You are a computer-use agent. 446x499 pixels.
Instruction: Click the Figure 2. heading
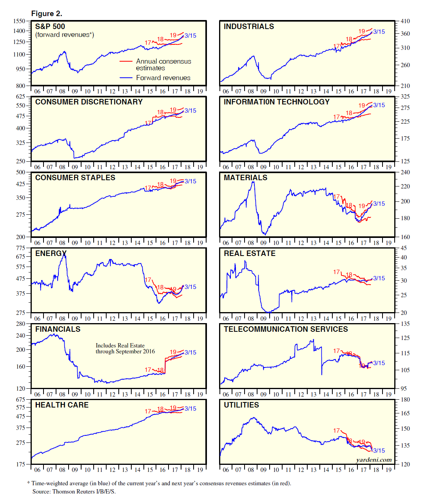pyautogui.click(x=47, y=14)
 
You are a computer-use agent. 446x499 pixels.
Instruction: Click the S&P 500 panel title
pyautogui.click(x=50, y=27)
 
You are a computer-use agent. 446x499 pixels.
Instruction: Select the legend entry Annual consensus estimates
pyautogui.click(x=163, y=64)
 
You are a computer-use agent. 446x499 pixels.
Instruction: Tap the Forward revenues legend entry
pyautogui.click(x=163, y=78)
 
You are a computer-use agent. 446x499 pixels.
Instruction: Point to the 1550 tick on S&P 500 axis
pyautogui.click(x=19, y=21)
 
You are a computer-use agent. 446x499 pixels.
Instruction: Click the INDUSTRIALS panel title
pyautogui.click(x=248, y=27)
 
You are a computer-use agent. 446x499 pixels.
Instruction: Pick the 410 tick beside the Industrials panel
pyautogui.click(x=405, y=21)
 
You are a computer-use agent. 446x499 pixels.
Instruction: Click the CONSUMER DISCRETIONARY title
pyautogui.click(x=89, y=102)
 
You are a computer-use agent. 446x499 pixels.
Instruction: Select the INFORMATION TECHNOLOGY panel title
pyautogui.click(x=277, y=102)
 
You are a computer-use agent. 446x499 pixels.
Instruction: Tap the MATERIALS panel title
pyautogui.click(x=245, y=178)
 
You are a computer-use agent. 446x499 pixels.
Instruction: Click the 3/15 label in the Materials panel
pyautogui.click(x=379, y=204)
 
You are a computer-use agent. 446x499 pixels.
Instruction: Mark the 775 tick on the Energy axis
pyautogui.click(x=20, y=248)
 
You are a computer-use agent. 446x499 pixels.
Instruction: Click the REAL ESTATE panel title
pyautogui.click(x=250, y=254)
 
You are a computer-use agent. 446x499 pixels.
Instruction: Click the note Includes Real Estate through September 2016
pyautogui.click(x=125, y=349)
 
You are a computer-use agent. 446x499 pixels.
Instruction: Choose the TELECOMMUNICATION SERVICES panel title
pyautogui.click(x=286, y=329)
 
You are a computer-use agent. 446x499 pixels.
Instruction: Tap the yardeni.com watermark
pyautogui.click(x=373, y=460)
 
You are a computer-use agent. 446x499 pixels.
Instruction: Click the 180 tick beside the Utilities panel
pyautogui.click(x=405, y=400)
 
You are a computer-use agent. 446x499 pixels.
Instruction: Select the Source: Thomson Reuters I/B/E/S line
pyautogui.click(x=74, y=492)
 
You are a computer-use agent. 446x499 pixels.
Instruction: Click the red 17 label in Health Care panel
pyautogui.click(x=148, y=411)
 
